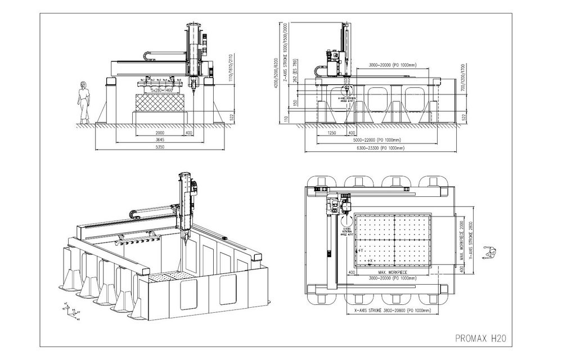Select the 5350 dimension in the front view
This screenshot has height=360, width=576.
(160, 147)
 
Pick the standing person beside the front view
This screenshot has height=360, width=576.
(84, 102)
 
